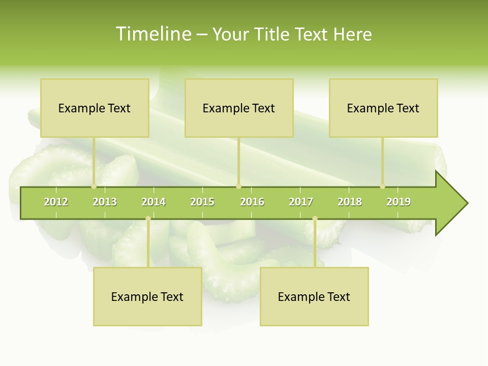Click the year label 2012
click(x=56, y=202)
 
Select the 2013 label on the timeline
click(x=105, y=202)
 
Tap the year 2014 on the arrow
click(x=154, y=202)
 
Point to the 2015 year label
click(x=202, y=202)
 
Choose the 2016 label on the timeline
click(x=252, y=202)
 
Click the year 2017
click(x=301, y=202)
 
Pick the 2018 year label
click(x=350, y=202)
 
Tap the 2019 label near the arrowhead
click(x=399, y=202)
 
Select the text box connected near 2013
click(x=95, y=108)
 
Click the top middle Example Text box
click(x=239, y=108)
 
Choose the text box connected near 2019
click(x=383, y=108)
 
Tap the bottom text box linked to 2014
click(x=147, y=297)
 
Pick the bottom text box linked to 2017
click(x=314, y=297)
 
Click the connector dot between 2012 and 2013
click(x=94, y=187)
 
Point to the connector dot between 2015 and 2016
click(x=238, y=187)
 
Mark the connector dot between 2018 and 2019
click(x=383, y=187)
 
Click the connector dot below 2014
click(x=148, y=219)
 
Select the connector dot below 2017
click(x=315, y=219)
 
